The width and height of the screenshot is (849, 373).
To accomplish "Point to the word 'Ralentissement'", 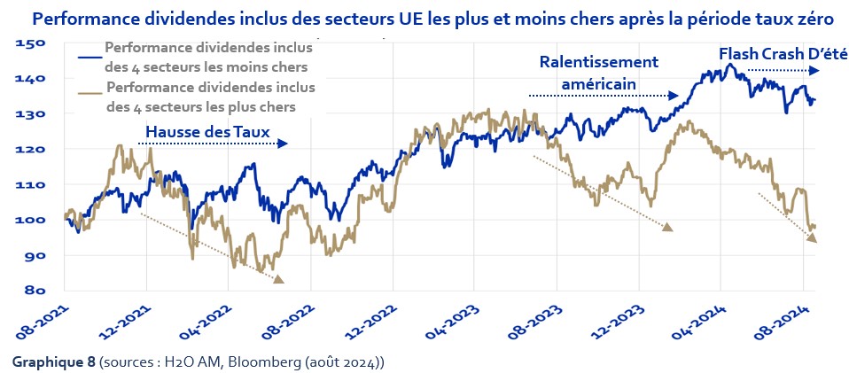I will coord(598,62).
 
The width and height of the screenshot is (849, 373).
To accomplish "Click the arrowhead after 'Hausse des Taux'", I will coord(283,143).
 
